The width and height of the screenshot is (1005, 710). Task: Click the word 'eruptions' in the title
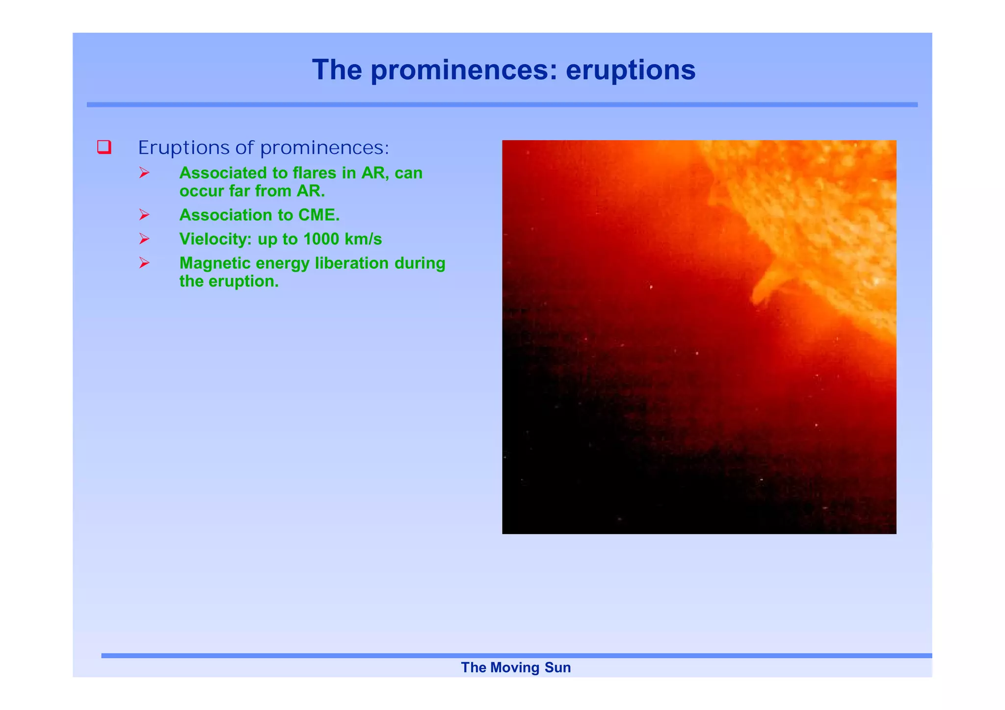[631, 70]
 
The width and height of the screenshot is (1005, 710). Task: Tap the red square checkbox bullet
[104, 147]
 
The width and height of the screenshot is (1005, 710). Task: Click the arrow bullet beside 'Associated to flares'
[144, 173]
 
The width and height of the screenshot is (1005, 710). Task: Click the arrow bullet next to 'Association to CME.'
[144, 215]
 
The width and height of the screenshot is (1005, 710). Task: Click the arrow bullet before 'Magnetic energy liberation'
[144, 263]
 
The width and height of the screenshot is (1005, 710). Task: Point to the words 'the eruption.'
[229, 281]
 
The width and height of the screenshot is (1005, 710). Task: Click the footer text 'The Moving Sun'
[516, 668]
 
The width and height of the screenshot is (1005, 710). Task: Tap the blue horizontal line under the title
[502, 104]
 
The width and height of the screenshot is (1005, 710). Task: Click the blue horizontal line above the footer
[516, 656]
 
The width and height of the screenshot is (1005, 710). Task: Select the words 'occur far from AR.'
[252, 191]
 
